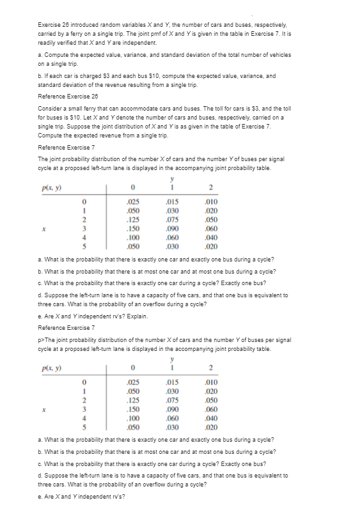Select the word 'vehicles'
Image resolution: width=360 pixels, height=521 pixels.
pos(279,56)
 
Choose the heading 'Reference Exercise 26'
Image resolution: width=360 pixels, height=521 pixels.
pos(67,95)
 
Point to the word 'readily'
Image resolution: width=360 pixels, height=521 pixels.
pos(47,42)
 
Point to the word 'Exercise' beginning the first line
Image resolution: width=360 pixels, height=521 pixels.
pos(49,23)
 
